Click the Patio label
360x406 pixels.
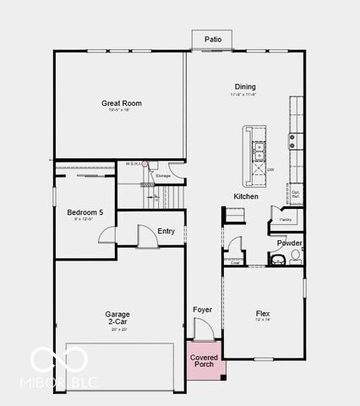pos(212,39)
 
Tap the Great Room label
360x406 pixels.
pos(121,103)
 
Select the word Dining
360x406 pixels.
pos(245,86)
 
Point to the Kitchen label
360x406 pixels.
pos(246,196)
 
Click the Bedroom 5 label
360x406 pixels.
pos(85,212)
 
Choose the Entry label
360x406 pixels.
pos(166,231)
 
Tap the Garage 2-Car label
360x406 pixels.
pos(117,317)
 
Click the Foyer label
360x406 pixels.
pos(202,310)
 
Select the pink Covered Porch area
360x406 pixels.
pos(204,361)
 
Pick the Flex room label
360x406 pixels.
pos(262,313)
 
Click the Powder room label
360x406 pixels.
pos(290,243)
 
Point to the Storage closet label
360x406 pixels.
pos(162,175)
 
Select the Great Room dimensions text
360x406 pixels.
pos(121,111)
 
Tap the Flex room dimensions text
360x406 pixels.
pos(262,321)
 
